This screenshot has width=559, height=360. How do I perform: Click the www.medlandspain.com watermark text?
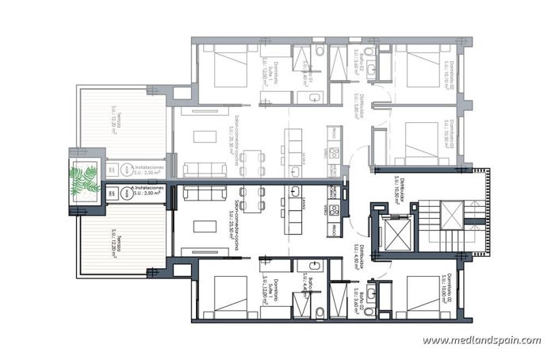click(x=481, y=340)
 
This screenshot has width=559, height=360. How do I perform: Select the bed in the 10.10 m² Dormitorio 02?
click(x=417, y=67)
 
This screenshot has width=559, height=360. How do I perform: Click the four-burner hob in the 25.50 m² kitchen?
click(x=335, y=210)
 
